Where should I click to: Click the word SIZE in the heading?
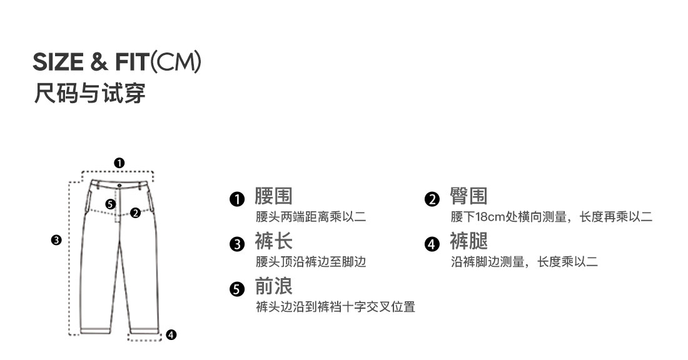(x=58, y=63)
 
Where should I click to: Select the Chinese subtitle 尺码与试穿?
(x=89, y=92)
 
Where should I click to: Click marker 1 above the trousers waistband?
(x=119, y=163)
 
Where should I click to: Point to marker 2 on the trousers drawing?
(x=135, y=212)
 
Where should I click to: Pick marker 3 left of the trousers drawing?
(x=56, y=239)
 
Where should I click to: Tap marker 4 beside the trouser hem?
(x=171, y=335)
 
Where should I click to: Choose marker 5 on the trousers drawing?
(x=110, y=204)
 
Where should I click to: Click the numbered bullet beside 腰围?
(x=236, y=199)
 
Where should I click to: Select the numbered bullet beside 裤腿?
(x=432, y=244)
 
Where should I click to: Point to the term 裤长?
(x=273, y=241)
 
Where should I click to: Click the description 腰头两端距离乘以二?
(x=311, y=217)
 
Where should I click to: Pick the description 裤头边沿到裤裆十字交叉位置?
(x=335, y=307)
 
